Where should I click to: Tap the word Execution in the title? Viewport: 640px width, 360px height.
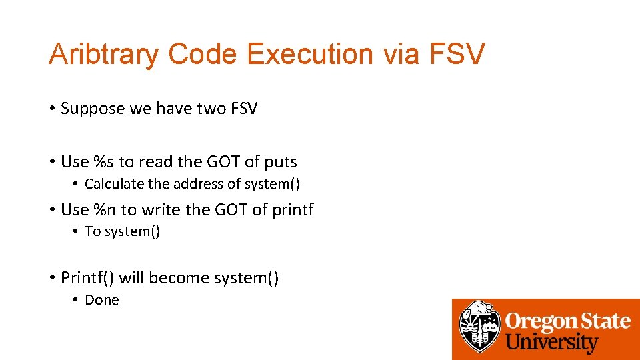311,54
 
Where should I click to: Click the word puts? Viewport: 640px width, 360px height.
280,161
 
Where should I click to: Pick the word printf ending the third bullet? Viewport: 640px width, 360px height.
292,209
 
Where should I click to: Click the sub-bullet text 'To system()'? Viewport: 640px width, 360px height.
123,231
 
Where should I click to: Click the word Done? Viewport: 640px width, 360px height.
102,300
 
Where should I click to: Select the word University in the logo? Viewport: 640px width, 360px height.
551,343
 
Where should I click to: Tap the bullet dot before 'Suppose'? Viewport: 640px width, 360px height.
51,109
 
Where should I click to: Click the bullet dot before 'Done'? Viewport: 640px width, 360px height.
77,300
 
